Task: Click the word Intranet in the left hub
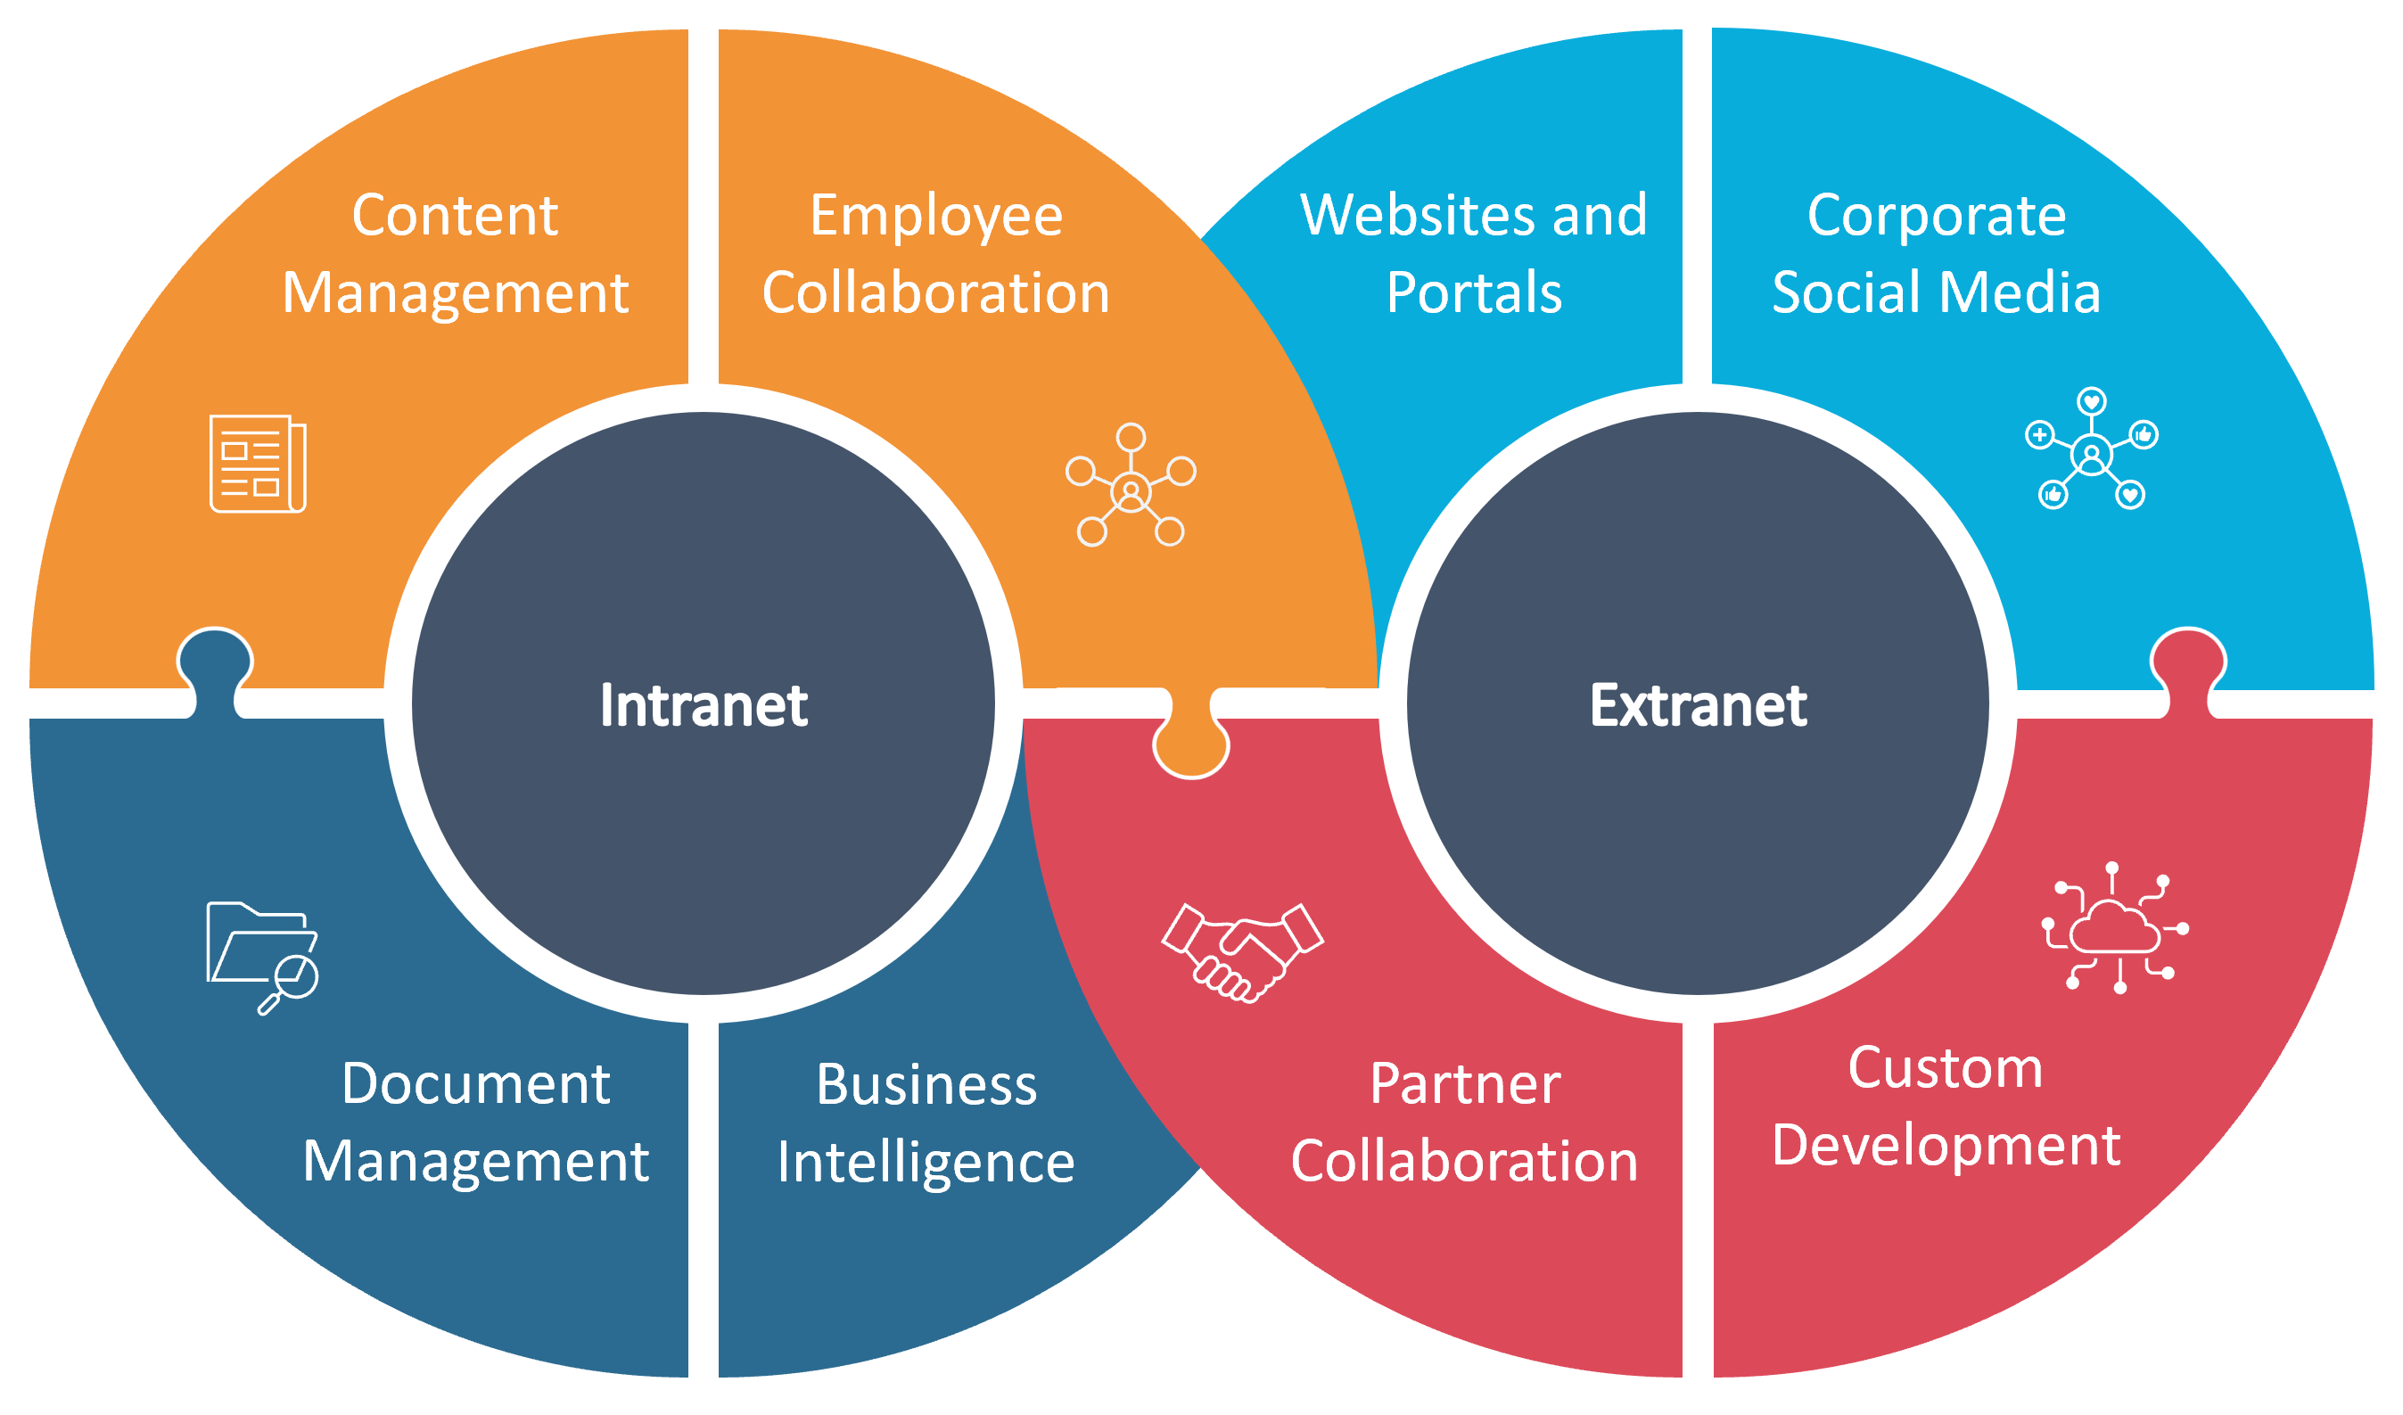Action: [704, 706]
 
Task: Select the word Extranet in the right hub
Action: [1698, 706]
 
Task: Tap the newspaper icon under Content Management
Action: [258, 465]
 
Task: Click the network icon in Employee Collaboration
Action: [1130, 485]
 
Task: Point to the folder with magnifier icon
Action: [262, 957]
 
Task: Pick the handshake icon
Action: [1241, 952]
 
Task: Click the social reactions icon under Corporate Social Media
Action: [2091, 449]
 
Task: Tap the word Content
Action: [455, 216]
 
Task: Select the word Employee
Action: [935, 217]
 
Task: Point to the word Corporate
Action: [1936, 217]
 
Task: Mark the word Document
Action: [475, 1084]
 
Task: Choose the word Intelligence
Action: [925, 1164]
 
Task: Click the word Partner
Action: [1465, 1084]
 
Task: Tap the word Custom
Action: [1945, 1068]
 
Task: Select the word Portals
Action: [1473, 292]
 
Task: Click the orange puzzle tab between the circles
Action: [1190, 743]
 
